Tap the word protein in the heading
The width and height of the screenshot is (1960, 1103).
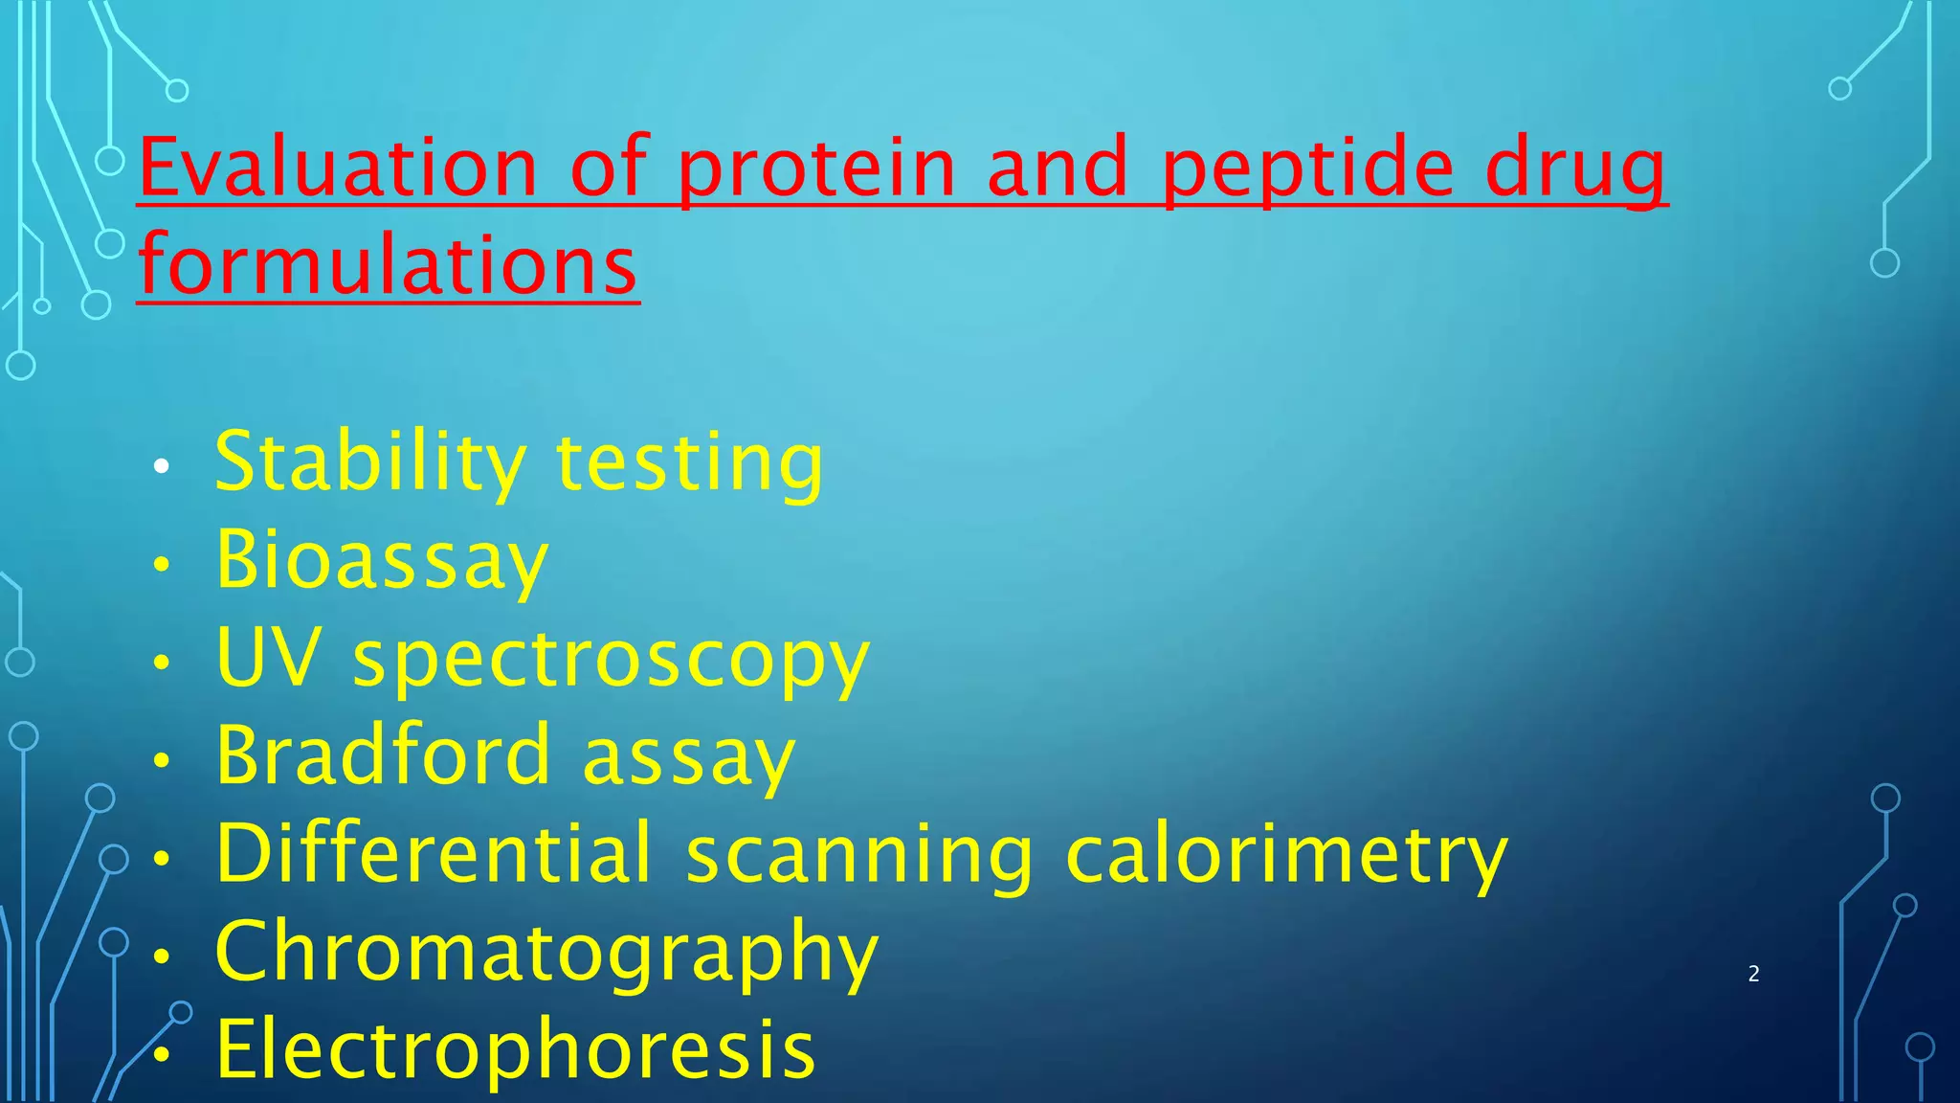pyautogui.click(x=816, y=168)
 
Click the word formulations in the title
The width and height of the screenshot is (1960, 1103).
pyautogui.click(x=388, y=265)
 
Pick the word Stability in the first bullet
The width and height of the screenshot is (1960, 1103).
pyautogui.click(x=369, y=463)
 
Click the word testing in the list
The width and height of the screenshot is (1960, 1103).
pyautogui.click(x=689, y=463)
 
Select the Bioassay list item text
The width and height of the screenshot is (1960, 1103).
pyautogui.click(x=381, y=561)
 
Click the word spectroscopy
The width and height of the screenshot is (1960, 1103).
pyautogui.click(x=612, y=661)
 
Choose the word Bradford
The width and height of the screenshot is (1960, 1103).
pyautogui.click(x=383, y=755)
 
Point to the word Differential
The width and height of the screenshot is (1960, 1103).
pyautogui.click(x=434, y=853)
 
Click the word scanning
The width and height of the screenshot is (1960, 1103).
pyautogui.click(x=859, y=855)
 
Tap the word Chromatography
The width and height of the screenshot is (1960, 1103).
pyautogui.click(x=546, y=954)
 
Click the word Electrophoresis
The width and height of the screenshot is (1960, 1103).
pyautogui.click(x=516, y=1049)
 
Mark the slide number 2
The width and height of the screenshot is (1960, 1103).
pyautogui.click(x=1753, y=974)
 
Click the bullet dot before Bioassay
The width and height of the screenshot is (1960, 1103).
pyautogui.click(x=162, y=564)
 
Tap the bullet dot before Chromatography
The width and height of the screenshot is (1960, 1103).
pyautogui.click(x=162, y=956)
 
